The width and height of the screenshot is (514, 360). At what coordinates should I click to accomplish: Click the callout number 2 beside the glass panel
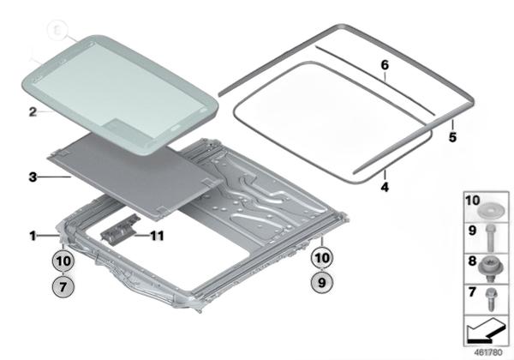click(x=33, y=111)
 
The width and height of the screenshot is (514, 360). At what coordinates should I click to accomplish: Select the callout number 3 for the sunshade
click(x=33, y=177)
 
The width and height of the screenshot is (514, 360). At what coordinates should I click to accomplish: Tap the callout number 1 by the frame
click(x=33, y=236)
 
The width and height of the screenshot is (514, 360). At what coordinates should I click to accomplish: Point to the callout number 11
click(x=157, y=236)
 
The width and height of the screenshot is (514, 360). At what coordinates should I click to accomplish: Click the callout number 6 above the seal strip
click(x=385, y=65)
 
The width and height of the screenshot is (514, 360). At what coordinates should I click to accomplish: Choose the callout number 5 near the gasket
click(x=452, y=137)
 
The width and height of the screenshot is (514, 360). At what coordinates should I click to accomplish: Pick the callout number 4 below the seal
click(x=385, y=187)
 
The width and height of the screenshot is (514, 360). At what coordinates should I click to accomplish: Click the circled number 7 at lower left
click(x=63, y=287)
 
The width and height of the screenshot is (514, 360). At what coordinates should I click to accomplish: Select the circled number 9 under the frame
click(x=322, y=282)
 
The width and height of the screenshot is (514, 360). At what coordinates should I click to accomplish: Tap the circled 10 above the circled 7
click(x=63, y=261)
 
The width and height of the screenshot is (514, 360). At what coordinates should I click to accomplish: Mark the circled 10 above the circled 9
click(x=322, y=258)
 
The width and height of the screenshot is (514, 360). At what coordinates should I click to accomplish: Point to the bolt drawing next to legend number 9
click(x=490, y=238)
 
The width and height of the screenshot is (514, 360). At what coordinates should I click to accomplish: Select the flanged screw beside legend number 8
click(x=490, y=268)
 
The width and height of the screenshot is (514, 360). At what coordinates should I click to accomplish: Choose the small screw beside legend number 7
click(x=491, y=299)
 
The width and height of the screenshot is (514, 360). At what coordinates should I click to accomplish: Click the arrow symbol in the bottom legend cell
click(x=486, y=330)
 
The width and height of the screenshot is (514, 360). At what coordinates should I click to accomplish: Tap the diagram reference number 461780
click(x=488, y=352)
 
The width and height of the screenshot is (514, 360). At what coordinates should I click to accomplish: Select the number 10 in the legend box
click(x=472, y=201)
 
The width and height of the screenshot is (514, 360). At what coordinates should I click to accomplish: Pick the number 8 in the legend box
click(x=472, y=261)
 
